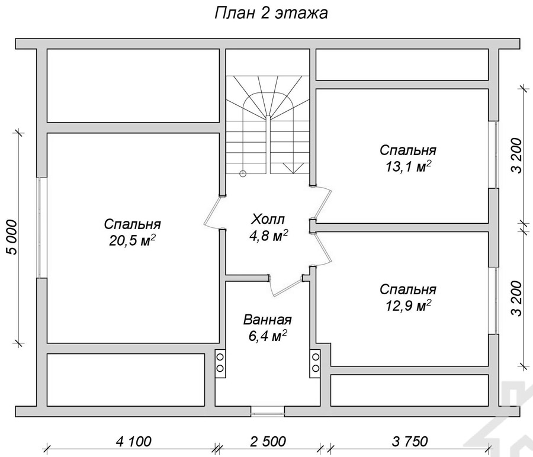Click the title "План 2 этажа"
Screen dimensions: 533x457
click(x=271, y=13)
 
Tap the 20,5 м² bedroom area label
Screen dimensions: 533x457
click(x=133, y=240)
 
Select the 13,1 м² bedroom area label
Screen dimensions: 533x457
click(x=408, y=166)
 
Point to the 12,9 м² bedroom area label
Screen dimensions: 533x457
click(x=408, y=305)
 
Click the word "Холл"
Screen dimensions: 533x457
click(x=268, y=219)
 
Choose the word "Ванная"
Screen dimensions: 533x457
click(x=268, y=320)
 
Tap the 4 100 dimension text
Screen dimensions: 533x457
click(x=134, y=442)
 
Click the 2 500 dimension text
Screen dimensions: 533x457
click(x=268, y=442)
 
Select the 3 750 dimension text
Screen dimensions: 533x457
click(x=410, y=442)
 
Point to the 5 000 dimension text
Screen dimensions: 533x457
click(x=11, y=237)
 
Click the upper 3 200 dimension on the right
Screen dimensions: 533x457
click(x=516, y=155)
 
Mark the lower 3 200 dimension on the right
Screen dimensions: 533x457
click(x=516, y=298)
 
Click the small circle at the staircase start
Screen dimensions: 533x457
click(x=243, y=173)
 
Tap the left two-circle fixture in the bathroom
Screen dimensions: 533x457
click(x=220, y=363)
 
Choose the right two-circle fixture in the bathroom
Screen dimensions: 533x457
click(x=316, y=363)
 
